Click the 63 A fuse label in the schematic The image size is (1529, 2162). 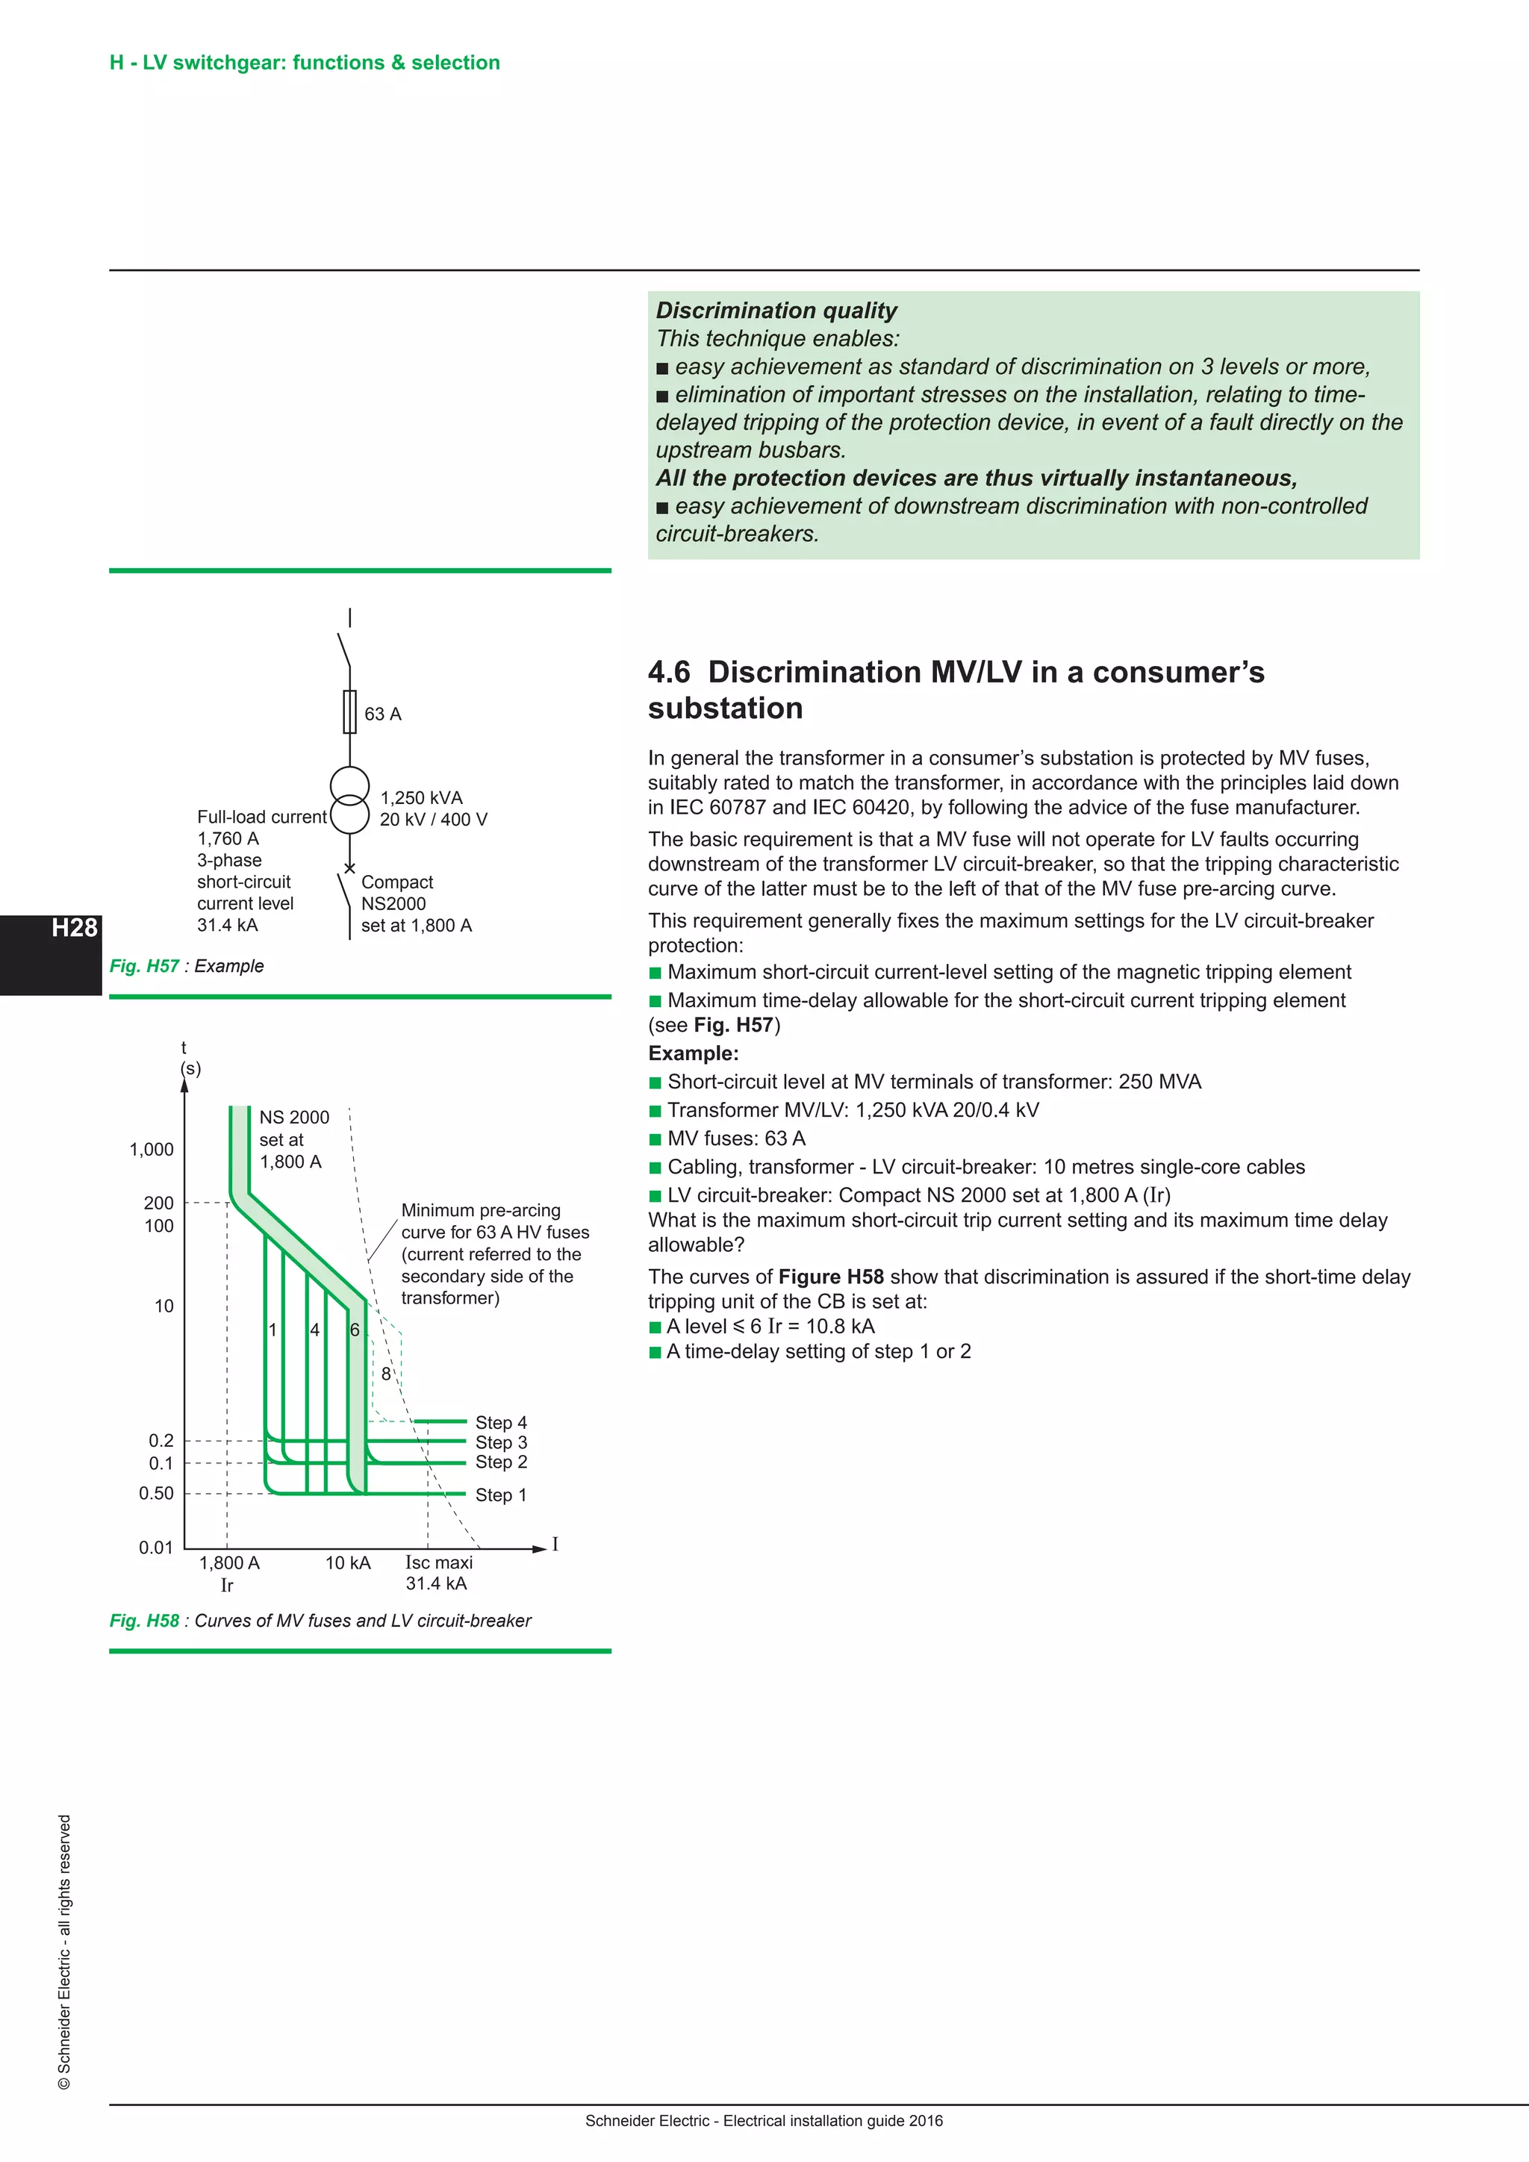point(382,714)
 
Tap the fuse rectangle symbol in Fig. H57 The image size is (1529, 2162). point(349,711)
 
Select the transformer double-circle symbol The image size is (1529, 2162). point(349,800)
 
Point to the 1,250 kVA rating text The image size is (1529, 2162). point(421,797)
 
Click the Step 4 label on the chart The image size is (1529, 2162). point(501,1422)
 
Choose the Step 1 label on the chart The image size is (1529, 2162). point(501,1495)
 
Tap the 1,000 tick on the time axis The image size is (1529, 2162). point(152,1149)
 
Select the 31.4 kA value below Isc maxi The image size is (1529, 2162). point(436,1584)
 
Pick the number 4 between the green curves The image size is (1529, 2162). point(314,1330)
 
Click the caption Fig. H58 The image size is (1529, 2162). point(144,1621)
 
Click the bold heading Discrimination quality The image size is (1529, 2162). point(776,311)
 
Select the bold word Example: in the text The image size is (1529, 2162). point(693,1053)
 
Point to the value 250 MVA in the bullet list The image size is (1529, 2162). point(1159,1082)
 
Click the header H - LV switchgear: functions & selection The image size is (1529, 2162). point(304,63)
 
